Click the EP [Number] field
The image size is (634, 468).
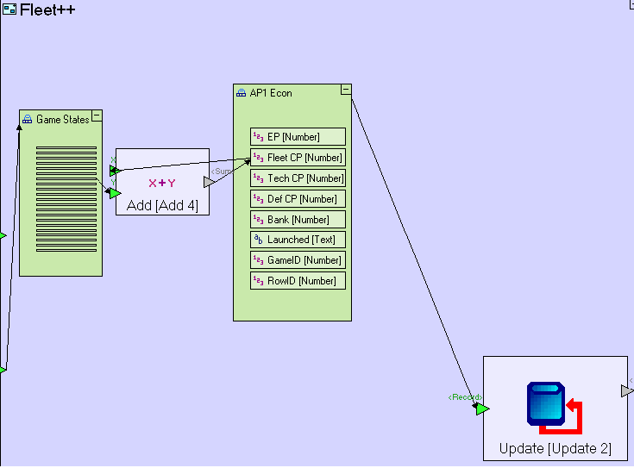(298, 137)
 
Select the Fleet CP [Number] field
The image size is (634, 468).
(298, 158)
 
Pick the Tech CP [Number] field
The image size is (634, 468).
(298, 178)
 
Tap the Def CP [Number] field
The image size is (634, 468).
(298, 199)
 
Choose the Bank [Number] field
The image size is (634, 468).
(298, 220)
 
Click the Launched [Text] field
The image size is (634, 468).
(298, 240)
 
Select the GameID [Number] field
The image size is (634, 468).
(298, 260)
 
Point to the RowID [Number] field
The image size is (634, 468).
(298, 281)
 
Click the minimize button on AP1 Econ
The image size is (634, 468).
(346, 90)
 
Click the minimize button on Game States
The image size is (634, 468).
(97, 115)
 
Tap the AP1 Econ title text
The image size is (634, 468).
(271, 93)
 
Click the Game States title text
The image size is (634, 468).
(62, 120)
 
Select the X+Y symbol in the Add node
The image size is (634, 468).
(162, 183)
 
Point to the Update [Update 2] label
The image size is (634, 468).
(555, 449)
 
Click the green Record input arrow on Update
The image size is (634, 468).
(482, 409)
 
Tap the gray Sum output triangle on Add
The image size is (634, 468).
(209, 182)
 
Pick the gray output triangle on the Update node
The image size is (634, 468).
(626, 391)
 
